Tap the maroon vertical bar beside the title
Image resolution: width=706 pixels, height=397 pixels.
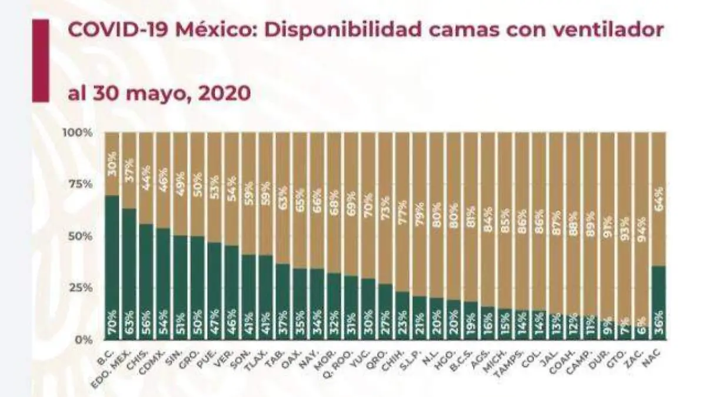pyautogui.click(x=41, y=61)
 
